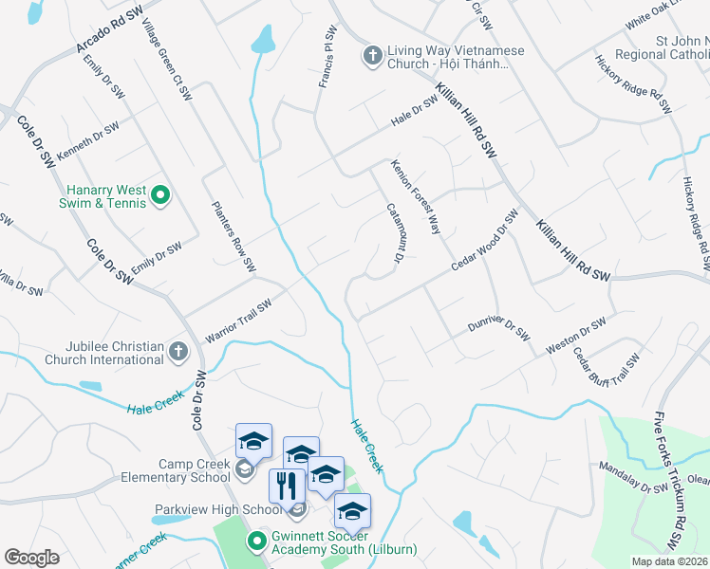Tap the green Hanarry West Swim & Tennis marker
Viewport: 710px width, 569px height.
coord(160,196)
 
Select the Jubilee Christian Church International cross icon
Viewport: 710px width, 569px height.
coord(177,352)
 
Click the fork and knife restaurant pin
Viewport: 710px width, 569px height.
coord(287,486)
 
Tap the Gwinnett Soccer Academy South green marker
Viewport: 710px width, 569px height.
coord(254,542)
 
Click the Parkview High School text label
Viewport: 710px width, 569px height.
coord(218,509)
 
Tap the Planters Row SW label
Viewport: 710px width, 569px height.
coord(234,234)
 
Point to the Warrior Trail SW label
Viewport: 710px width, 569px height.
coord(238,321)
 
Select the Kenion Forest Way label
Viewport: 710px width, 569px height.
coord(417,196)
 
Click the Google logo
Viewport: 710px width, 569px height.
coord(31,558)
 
